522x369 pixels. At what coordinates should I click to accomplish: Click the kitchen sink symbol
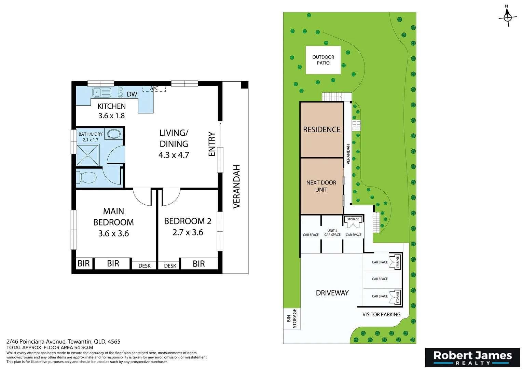(102, 92)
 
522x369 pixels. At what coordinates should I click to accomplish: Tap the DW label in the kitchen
(132, 94)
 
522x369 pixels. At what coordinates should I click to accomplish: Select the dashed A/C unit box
(154, 88)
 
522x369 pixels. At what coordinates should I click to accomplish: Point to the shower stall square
(87, 155)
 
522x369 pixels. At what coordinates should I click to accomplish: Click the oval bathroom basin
(114, 134)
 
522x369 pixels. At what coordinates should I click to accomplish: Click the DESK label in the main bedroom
(145, 266)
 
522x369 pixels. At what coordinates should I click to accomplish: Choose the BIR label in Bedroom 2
(199, 264)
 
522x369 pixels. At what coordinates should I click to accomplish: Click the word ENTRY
(211, 144)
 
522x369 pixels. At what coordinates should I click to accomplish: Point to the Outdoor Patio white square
(323, 60)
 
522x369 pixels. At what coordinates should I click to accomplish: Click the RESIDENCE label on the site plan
(321, 129)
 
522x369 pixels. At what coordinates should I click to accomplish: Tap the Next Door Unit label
(321, 186)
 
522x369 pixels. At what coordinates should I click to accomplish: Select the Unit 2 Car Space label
(332, 233)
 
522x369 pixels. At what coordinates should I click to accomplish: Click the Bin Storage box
(292, 319)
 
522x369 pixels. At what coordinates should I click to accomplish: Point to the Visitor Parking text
(382, 314)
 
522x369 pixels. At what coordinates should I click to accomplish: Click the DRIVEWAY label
(332, 293)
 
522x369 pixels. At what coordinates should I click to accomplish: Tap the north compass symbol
(507, 17)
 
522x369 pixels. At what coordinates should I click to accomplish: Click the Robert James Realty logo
(472, 357)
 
